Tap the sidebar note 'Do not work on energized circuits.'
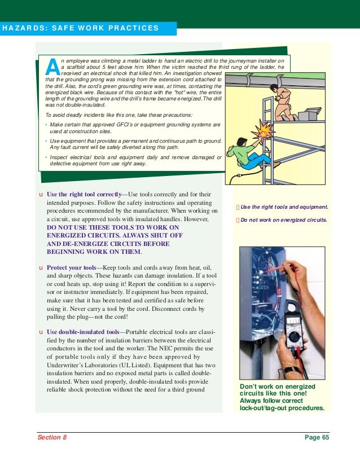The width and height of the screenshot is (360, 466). (x=283, y=220)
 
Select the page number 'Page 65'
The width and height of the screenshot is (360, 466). (x=316, y=437)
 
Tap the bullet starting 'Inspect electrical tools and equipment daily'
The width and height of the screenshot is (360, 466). (x=133, y=160)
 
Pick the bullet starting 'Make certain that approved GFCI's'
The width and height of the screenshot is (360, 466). (x=133, y=127)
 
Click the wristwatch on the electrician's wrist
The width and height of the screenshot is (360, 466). (x=292, y=371)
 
